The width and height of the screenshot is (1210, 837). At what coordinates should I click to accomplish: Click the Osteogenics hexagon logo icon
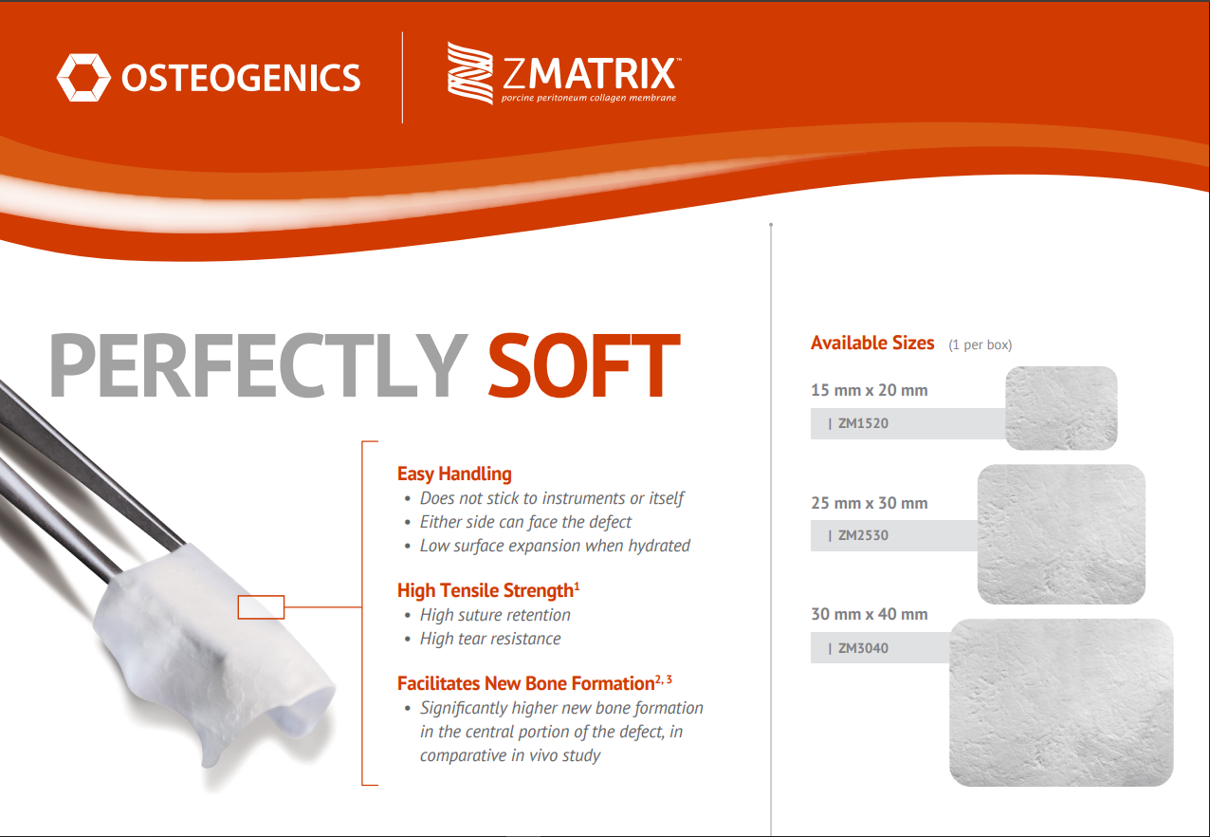pos(83,77)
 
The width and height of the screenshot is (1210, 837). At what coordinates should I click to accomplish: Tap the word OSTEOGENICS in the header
pos(241,78)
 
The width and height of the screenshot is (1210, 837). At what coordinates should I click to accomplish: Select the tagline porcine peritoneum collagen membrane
pos(589,98)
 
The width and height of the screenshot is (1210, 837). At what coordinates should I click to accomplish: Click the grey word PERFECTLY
pos(257,366)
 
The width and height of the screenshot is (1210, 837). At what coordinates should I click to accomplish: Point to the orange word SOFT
pos(583,366)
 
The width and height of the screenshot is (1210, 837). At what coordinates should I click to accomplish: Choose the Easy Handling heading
pos(454,474)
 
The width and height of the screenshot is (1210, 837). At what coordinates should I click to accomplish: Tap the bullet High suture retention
pos(495,615)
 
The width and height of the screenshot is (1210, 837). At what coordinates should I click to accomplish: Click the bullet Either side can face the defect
pos(525,522)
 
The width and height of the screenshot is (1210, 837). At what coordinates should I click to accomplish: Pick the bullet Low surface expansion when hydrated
pos(555,546)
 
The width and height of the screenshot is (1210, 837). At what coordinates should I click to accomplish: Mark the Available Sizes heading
pos(872,344)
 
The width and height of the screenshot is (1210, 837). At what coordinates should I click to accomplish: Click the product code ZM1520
pos(863,423)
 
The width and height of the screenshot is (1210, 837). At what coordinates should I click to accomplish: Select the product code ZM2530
pos(863,535)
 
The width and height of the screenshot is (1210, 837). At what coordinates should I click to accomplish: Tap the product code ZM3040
pos(863,649)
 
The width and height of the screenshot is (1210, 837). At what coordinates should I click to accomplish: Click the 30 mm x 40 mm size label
pos(869,614)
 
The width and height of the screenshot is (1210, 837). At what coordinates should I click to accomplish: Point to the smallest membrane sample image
pos(1061,408)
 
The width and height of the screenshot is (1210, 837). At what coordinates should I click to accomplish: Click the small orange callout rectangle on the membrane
pos(261,606)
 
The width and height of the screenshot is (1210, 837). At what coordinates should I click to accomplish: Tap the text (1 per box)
pos(980,345)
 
